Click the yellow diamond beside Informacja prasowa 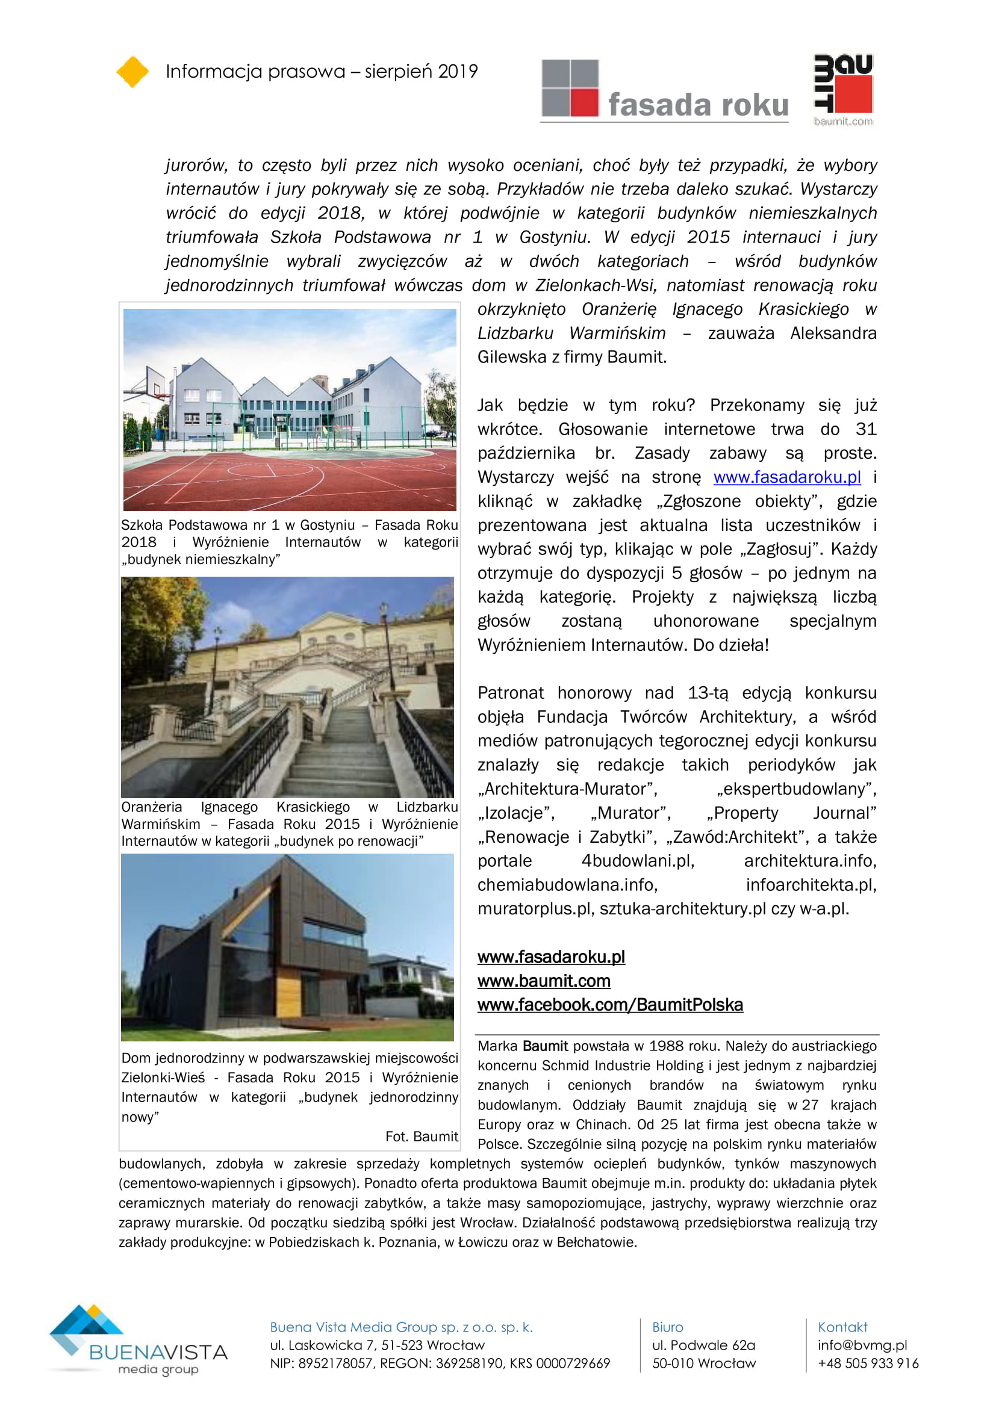132,72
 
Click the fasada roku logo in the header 664,90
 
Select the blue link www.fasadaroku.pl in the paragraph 787,477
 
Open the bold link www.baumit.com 543,981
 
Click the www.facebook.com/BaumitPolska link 610,1005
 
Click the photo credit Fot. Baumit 422,1137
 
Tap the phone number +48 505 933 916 868,1363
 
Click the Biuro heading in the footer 667,1327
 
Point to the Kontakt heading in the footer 842,1327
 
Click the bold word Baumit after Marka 545,1046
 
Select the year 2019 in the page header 458,72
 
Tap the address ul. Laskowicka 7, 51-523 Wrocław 377,1345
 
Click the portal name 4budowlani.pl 637,861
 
